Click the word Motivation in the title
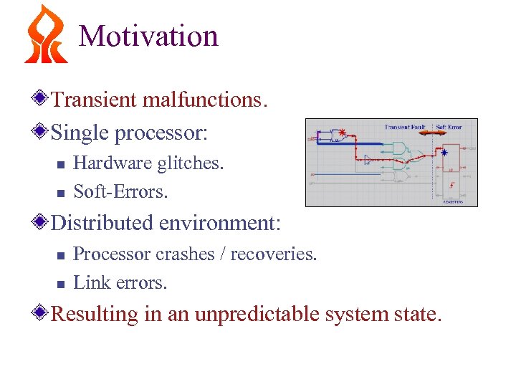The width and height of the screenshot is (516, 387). [148, 36]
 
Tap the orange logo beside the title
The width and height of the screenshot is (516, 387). [45, 34]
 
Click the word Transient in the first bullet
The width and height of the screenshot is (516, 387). [95, 100]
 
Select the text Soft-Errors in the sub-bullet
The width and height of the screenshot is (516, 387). [120, 192]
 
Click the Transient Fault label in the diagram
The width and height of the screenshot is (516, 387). [406, 127]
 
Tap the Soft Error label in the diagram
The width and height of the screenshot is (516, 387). [449, 127]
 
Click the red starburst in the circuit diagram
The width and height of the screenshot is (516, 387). [342, 133]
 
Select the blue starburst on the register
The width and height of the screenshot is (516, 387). [444, 152]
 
